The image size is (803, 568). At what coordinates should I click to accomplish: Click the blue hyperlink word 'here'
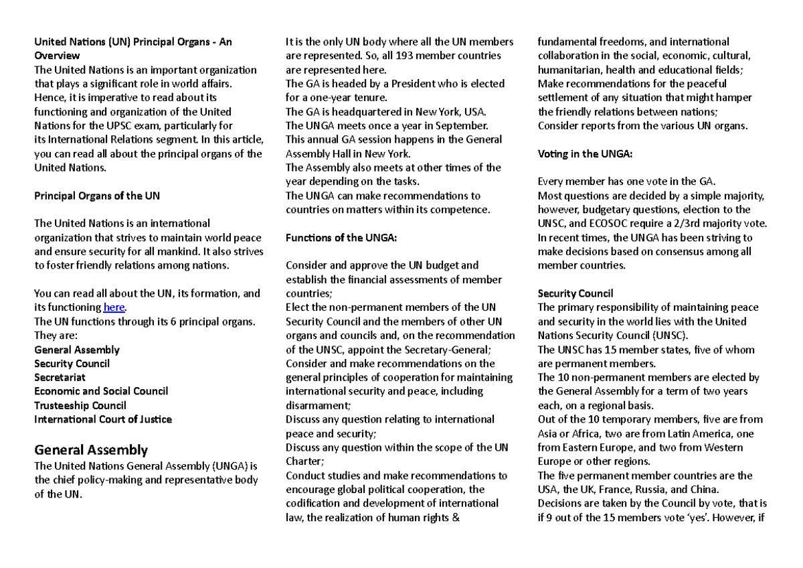(x=114, y=307)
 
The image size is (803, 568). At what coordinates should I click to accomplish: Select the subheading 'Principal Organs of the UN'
(x=97, y=196)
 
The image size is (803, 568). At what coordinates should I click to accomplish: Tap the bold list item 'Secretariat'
(x=60, y=377)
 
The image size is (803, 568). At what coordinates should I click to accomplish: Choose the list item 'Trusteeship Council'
(x=80, y=405)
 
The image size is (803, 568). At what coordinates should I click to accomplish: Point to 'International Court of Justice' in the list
(x=103, y=419)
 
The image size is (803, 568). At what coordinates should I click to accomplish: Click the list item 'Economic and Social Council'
(x=101, y=391)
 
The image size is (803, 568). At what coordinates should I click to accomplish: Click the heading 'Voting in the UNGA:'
(x=585, y=153)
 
